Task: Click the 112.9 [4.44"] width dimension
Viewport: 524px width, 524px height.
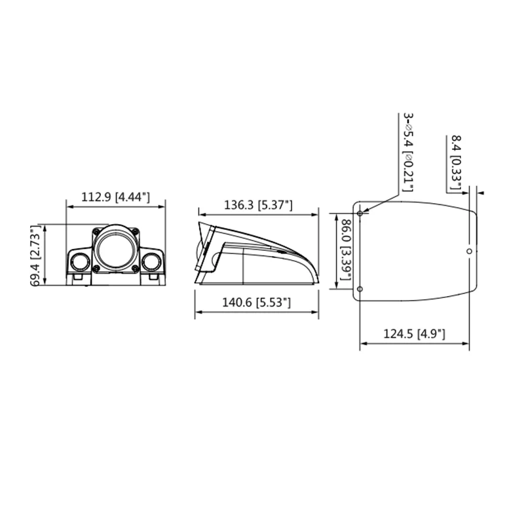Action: [116, 197]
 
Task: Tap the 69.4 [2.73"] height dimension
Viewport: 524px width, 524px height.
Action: [35, 255]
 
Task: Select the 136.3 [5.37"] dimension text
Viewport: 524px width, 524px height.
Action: [258, 204]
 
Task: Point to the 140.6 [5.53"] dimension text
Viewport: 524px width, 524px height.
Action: [256, 303]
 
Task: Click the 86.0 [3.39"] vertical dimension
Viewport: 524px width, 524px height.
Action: [346, 250]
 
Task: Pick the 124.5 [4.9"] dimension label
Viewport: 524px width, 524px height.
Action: [414, 333]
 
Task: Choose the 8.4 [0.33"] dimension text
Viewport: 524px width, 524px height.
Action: [456, 162]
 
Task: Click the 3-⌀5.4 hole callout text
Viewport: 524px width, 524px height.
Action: [408, 153]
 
